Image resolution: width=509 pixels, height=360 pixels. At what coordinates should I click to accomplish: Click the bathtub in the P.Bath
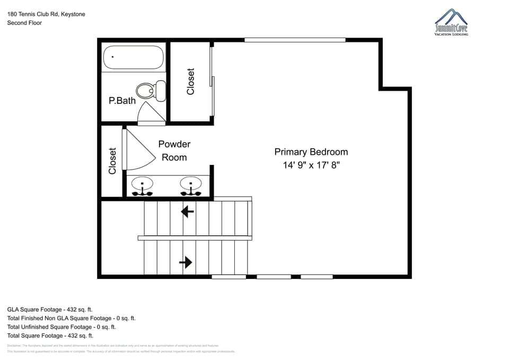(134, 57)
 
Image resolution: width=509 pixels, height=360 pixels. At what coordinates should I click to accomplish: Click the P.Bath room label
(122, 100)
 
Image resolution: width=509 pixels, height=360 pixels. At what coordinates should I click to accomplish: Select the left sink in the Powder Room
(142, 185)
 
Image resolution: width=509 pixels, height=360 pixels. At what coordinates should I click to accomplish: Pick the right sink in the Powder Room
(190, 185)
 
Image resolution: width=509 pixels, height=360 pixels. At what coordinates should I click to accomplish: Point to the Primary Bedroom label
(311, 152)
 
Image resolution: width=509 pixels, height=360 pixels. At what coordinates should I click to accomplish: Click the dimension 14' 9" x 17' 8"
(311, 165)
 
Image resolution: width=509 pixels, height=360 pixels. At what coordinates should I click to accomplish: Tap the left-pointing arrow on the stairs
(187, 212)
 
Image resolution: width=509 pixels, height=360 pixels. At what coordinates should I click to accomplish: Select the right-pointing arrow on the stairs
(186, 262)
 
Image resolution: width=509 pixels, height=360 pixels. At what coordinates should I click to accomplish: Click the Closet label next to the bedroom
(191, 82)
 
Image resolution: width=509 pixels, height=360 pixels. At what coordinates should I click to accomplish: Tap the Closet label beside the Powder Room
(112, 161)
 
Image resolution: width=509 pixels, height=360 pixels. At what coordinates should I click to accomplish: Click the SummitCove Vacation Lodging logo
(451, 23)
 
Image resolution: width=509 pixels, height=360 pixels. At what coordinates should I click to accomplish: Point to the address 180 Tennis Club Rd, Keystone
(46, 14)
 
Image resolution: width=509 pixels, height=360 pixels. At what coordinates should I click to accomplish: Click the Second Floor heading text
(24, 23)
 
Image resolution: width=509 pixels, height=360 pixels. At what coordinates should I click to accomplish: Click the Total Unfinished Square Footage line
(62, 327)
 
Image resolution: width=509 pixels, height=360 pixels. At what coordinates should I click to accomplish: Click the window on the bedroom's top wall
(295, 40)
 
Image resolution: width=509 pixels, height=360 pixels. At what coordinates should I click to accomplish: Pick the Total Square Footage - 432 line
(50, 336)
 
